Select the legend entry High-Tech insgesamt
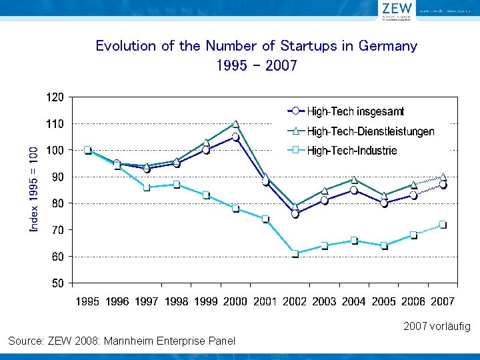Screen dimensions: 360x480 [x=355, y=111]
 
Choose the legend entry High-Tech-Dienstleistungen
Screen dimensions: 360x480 [x=370, y=131]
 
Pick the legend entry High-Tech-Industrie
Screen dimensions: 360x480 [x=351, y=151]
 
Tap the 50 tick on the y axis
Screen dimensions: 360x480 [x=57, y=283]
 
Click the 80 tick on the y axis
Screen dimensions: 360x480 [x=57, y=203]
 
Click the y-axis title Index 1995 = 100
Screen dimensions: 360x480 [x=34, y=190]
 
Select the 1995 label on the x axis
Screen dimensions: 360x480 [x=87, y=301]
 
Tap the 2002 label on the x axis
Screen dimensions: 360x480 [x=295, y=301]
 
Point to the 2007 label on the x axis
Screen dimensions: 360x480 [x=443, y=301]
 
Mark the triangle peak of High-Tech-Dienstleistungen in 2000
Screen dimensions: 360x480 [x=235, y=124]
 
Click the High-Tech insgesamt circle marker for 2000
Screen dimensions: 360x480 [x=235, y=137]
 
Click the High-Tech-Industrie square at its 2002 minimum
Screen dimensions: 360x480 [x=295, y=253]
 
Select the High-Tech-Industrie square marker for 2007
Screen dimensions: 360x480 [x=443, y=225]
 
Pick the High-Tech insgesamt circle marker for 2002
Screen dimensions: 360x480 [x=295, y=214]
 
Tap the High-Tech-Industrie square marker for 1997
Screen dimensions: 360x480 [x=147, y=187]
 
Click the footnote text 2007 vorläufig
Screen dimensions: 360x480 [x=437, y=327]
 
